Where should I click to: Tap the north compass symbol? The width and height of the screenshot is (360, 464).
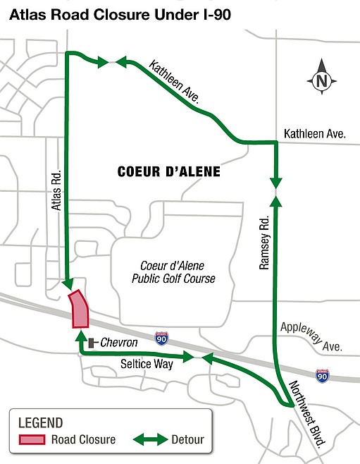[321, 80]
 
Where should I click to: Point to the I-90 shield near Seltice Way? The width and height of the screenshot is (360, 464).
[162, 338]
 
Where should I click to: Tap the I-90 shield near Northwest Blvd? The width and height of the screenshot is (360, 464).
[322, 376]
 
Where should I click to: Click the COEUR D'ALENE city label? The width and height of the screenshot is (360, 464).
[169, 172]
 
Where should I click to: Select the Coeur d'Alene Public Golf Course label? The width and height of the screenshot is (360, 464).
[173, 272]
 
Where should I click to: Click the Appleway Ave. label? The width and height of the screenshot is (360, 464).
[312, 337]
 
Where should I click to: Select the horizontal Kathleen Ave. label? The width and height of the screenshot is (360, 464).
[314, 133]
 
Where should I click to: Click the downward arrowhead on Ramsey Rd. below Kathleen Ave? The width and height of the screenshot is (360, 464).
[275, 183]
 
